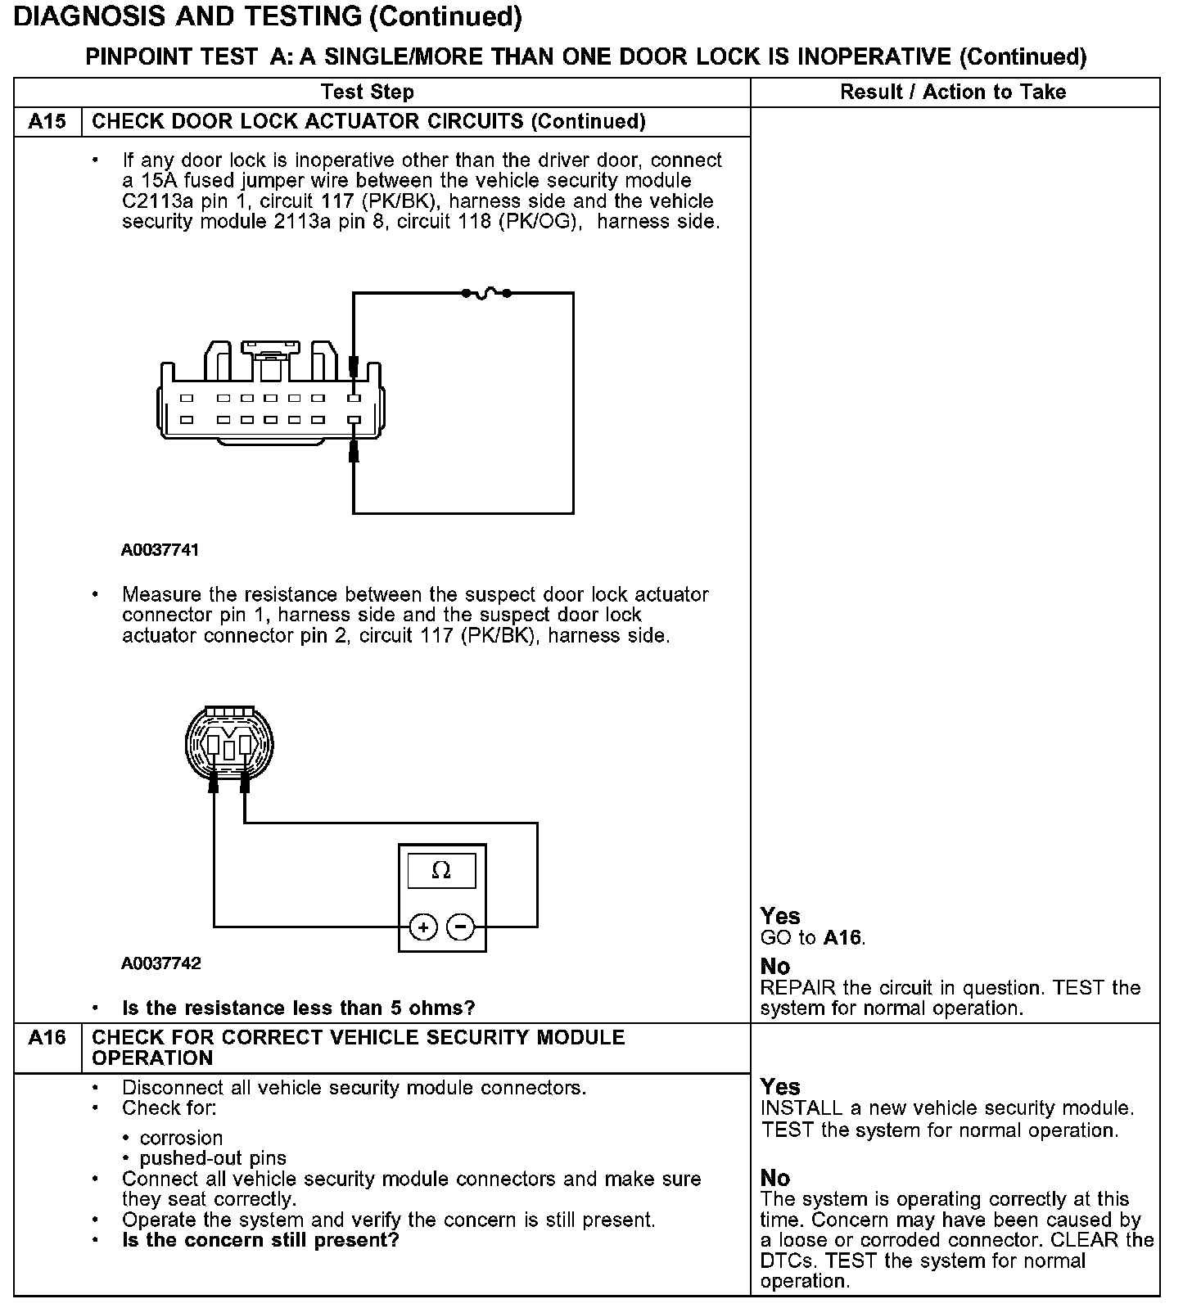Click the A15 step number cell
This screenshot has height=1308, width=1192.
(47, 122)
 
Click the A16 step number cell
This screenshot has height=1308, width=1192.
(47, 1038)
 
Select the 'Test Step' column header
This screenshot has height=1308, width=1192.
(367, 92)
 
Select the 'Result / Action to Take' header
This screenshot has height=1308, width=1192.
(953, 92)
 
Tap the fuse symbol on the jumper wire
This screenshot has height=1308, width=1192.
(486, 292)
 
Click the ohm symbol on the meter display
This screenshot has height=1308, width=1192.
(441, 871)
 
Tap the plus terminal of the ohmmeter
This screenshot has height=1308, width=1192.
(423, 927)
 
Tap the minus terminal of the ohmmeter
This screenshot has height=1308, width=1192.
(461, 927)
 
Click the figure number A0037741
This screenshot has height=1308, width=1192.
(160, 550)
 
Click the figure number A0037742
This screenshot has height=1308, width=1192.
(160, 963)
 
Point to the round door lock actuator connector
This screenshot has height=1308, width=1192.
(229, 746)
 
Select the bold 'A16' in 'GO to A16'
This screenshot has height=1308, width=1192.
(843, 938)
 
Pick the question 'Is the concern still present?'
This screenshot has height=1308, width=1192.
(260, 1240)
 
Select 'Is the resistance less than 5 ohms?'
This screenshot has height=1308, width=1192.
(298, 1008)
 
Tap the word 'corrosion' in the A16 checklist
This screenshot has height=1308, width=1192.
(181, 1139)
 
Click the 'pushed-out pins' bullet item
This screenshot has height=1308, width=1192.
(213, 1159)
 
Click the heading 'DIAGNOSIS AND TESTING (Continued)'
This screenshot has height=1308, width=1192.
(268, 16)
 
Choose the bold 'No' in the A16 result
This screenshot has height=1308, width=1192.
(775, 1178)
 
